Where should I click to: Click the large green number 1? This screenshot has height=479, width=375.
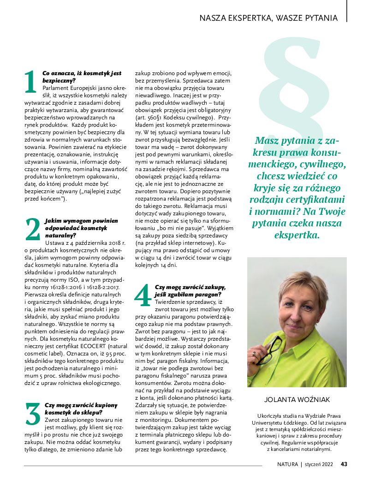point(30,82)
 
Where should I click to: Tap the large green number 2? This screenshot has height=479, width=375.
point(32,229)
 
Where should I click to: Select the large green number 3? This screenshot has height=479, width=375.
point(32,414)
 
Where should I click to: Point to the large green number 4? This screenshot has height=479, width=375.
point(143,295)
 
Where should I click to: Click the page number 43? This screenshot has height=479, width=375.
point(344,464)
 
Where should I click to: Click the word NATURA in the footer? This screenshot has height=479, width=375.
point(287,464)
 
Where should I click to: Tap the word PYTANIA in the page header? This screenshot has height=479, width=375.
point(321,18)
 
